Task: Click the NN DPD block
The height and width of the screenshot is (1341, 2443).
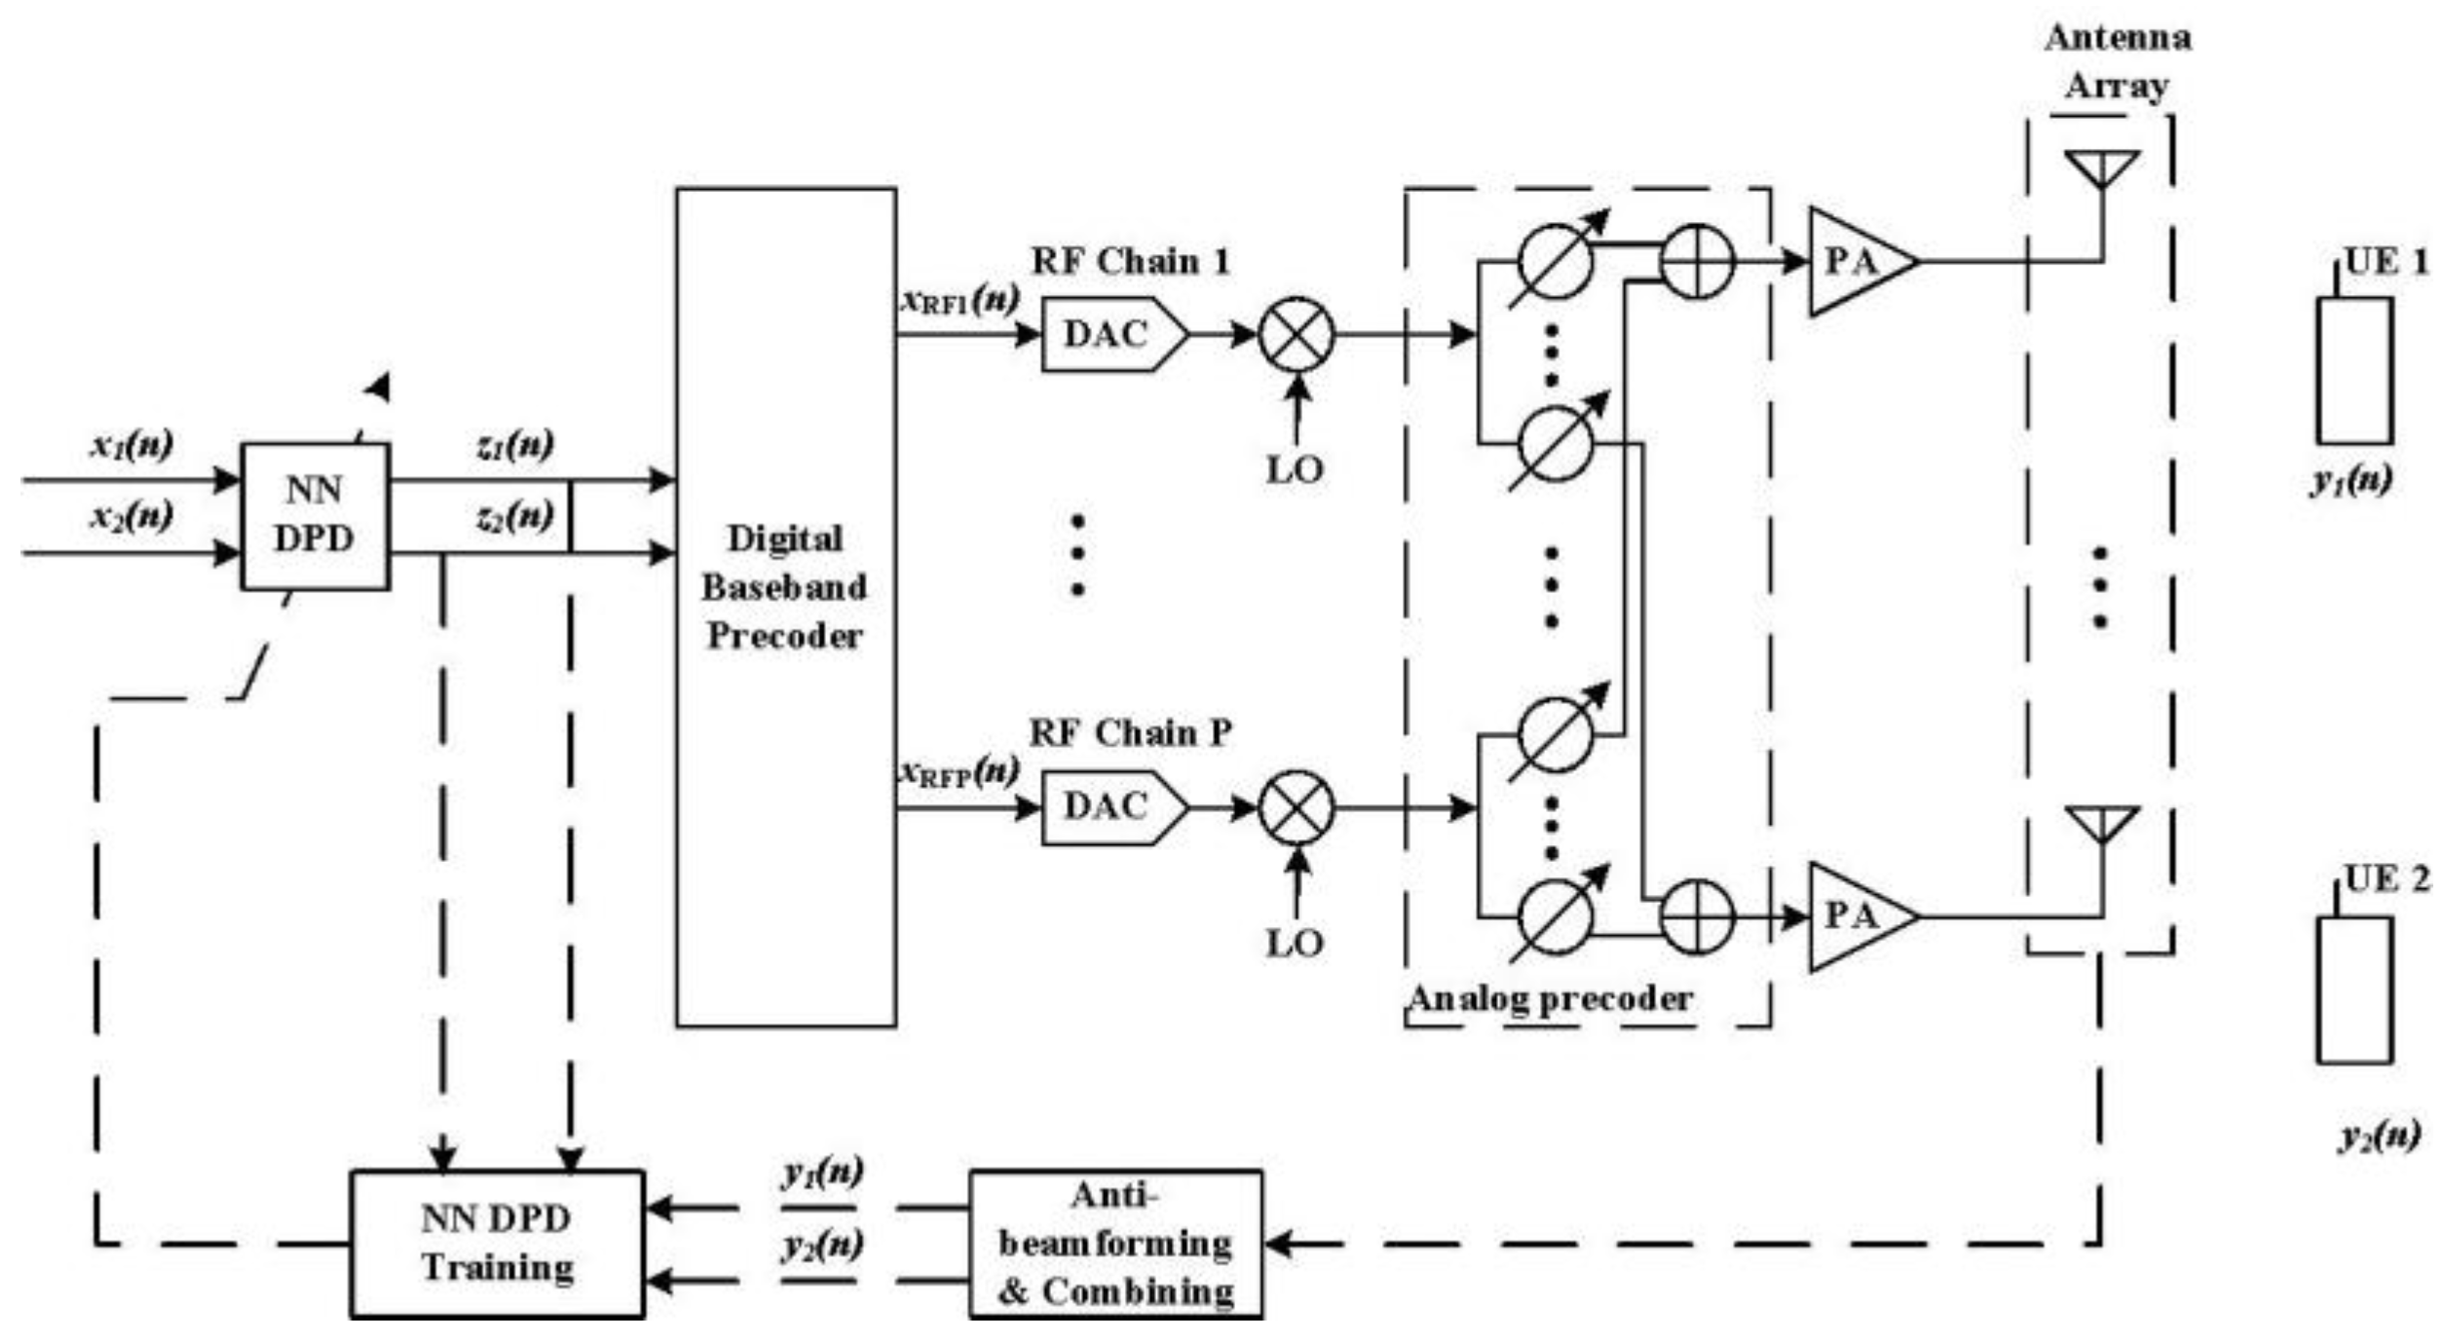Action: pos(315,516)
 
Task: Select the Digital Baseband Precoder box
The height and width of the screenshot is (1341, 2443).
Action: pos(785,607)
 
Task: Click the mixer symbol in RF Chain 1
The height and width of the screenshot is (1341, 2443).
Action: pos(1296,335)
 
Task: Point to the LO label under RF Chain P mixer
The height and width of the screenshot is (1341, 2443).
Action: pos(1295,943)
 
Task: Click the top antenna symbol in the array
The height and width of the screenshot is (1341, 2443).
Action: pos(2102,168)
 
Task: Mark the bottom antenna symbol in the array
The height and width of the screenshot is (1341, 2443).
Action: pos(2102,824)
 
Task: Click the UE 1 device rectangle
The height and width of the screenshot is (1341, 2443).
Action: pos(2353,370)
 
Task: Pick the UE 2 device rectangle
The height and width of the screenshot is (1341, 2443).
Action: pos(2353,989)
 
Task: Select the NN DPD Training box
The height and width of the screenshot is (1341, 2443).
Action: pos(497,1244)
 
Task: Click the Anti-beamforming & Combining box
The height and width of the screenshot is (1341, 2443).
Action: pos(1115,1244)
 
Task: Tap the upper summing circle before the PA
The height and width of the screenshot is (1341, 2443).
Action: pos(1696,261)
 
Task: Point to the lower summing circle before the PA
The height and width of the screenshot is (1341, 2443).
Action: pos(1696,916)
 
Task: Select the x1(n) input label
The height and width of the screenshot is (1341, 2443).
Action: pos(132,444)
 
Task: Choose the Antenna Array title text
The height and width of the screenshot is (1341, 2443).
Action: pos(2118,61)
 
